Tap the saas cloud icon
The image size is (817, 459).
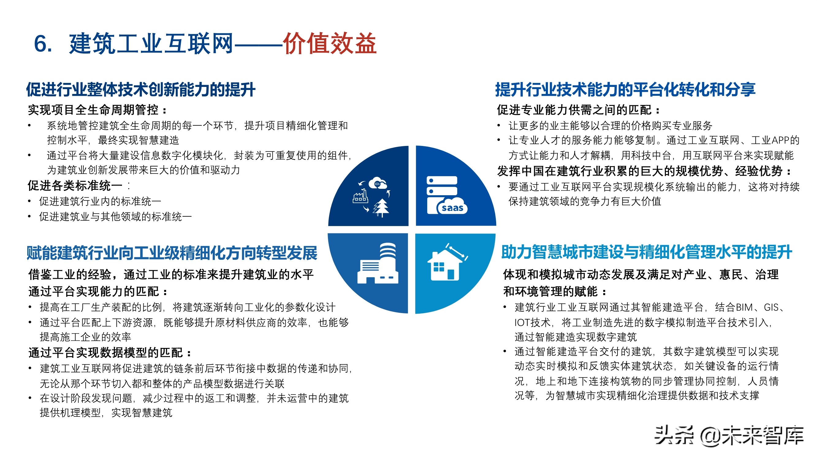[x=452, y=207]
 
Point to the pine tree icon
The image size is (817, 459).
[x=381, y=207]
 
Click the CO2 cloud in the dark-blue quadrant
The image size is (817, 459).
[x=378, y=183]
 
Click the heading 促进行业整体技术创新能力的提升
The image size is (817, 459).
[x=140, y=89]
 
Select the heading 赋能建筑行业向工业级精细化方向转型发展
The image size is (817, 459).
[x=172, y=253]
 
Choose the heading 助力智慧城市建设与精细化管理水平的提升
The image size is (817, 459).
[x=646, y=252]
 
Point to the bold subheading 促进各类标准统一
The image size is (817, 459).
[x=75, y=186]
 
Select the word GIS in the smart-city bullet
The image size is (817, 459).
[x=771, y=307]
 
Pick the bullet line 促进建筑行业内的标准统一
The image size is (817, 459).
[x=100, y=201]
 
